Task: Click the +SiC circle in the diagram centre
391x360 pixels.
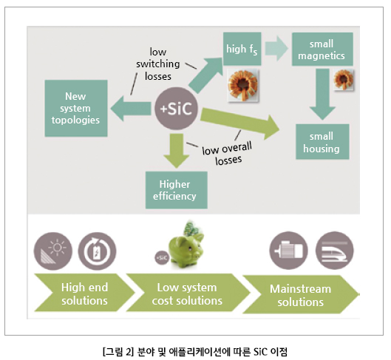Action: [177, 109]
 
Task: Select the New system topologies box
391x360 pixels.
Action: [76, 108]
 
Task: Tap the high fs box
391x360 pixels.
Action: [242, 49]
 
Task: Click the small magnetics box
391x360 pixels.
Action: [322, 49]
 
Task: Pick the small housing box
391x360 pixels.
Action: [322, 142]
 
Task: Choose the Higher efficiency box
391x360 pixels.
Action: [177, 190]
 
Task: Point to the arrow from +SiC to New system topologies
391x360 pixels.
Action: [131, 109]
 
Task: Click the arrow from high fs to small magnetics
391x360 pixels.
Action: [276, 49]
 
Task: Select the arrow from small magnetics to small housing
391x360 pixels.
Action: [322, 94]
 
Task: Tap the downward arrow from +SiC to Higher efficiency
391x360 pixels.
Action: [177, 151]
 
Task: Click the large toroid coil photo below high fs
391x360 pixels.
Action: [242, 86]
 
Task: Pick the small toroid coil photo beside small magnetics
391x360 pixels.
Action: [344, 80]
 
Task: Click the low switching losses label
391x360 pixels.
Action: [158, 64]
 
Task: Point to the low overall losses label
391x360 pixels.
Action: [227, 153]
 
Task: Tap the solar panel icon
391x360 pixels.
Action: [53, 251]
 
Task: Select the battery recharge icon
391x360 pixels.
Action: [97, 251]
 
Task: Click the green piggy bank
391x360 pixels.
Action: [186, 249]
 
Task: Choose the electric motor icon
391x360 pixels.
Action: [288, 251]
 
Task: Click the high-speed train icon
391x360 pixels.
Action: [334, 251]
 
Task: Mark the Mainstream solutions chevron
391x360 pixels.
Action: [301, 295]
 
